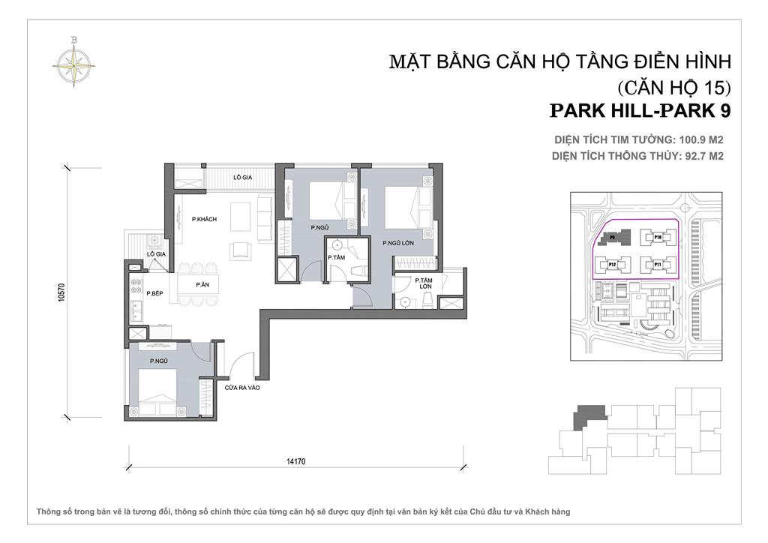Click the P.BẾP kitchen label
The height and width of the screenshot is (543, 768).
pyautogui.click(x=155, y=293)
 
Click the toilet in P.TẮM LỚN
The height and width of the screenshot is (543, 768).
pyautogui.click(x=427, y=299)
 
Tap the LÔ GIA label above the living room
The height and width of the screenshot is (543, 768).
pyautogui.click(x=241, y=177)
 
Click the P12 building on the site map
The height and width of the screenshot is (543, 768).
pyautogui.click(x=612, y=265)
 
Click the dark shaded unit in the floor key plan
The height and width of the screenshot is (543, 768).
pyautogui.click(x=588, y=416)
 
